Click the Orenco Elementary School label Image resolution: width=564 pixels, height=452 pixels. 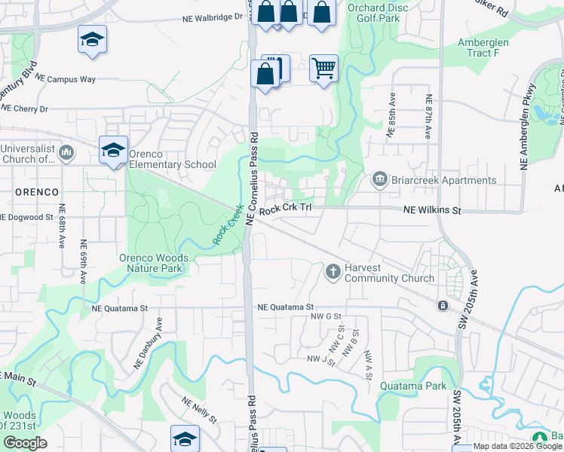[173, 159]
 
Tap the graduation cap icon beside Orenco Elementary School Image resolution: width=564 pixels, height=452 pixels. [113, 151]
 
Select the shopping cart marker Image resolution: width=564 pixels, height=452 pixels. [323, 69]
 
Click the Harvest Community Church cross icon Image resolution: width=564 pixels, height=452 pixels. [333, 271]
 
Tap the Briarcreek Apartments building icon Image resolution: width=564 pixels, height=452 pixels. [379, 179]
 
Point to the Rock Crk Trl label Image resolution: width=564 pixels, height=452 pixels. [285, 212]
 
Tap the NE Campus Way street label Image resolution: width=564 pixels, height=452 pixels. [65, 78]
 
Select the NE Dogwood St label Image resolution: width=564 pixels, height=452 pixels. [26, 217]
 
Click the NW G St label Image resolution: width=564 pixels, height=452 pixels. [326, 316]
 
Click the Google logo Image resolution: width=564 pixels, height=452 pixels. [25, 443]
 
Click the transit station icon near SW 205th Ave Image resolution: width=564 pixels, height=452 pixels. [443, 305]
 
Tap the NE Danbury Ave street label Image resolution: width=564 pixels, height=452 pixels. [148, 342]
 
